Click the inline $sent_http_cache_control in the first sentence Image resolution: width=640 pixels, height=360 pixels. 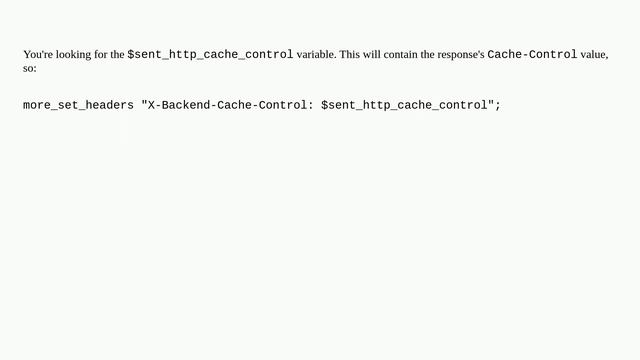coord(210,55)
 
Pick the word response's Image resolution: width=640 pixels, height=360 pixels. coord(459,55)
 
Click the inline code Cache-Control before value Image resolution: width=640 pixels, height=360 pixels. coord(532,55)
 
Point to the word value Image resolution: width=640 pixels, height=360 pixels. coord(594,55)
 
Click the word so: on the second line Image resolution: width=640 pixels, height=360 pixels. coord(30,69)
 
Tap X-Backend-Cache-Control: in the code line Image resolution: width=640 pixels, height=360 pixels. coord(230,105)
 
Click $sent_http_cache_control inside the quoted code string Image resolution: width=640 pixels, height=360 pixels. coord(404,105)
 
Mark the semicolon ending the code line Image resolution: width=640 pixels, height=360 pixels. coord(497,105)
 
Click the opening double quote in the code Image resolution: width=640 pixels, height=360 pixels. coord(144,105)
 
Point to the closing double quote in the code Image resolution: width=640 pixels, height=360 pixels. coord(490,105)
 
